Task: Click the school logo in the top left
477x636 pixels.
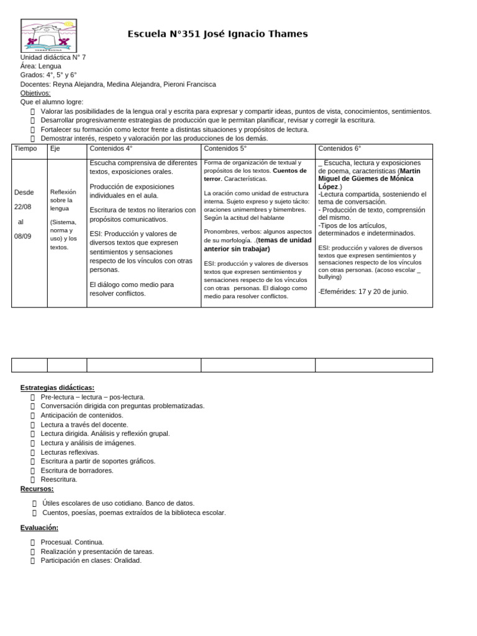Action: pyautogui.click(x=48, y=34)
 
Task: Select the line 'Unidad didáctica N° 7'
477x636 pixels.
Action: pyautogui.click(x=53, y=57)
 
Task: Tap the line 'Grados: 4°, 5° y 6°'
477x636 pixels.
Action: pyautogui.click(x=48, y=75)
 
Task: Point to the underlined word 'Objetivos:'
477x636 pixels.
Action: pyautogui.click(x=35, y=93)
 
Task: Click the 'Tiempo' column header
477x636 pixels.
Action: pyautogui.click(x=25, y=149)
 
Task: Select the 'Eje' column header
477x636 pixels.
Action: pyautogui.click(x=55, y=149)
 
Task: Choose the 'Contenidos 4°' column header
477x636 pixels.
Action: pyautogui.click(x=111, y=149)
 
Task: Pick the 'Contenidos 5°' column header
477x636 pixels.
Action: pyautogui.click(x=225, y=149)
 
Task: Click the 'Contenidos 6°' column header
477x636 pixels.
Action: pyautogui.click(x=339, y=149)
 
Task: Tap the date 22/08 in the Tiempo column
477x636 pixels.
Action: pyautogui.click(x=24, y=206)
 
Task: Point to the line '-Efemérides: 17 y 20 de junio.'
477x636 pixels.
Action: pyautogui.click(x=363, y=291)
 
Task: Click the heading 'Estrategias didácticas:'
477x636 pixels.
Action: pyautogui.click(x=57, y=388)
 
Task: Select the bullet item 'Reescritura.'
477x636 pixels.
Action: pyautogui.click(x=59, y=479)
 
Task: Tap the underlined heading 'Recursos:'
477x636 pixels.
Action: pyautogui.click(x=37, y=489)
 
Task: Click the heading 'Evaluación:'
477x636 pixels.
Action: pyautogui.click(x=39, y=527)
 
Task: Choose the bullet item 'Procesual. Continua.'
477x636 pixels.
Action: pyautogui.click(x=72, y=542)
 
